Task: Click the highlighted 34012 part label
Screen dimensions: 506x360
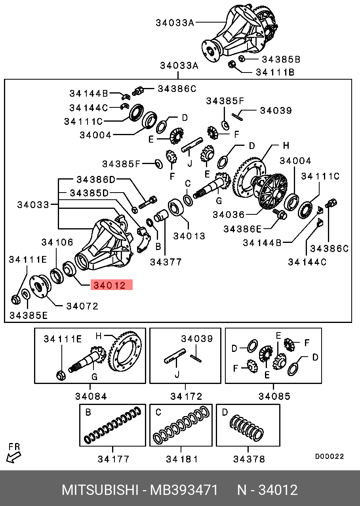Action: click(111, 285)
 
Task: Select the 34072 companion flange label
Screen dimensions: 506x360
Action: click(82, 306)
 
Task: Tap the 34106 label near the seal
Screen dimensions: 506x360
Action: click(57, 242)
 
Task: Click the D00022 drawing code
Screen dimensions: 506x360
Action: click(330, 457)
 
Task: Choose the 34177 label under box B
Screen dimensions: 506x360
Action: click(114, 459)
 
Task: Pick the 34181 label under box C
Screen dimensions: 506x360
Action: click(182, 459)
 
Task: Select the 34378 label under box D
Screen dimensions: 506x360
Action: click(249, 459)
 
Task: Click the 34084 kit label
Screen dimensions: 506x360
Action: click(91, 396)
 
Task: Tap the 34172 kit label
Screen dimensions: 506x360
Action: click(186, 396)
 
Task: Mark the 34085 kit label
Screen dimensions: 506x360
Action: click(274, 396)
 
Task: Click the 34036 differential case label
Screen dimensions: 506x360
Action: click(229, 215)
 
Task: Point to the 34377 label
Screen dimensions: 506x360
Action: click(166, 262)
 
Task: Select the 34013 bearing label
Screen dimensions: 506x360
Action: click(189, 236)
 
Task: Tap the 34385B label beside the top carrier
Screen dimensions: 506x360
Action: click(280, 59)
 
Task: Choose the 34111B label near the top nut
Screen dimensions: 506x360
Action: click(275, 73)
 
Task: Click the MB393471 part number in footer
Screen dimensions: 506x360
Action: click(184, 490)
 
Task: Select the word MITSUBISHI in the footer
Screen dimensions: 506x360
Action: click(99, 490)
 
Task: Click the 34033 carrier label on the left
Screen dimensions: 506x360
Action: click(33, 205)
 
